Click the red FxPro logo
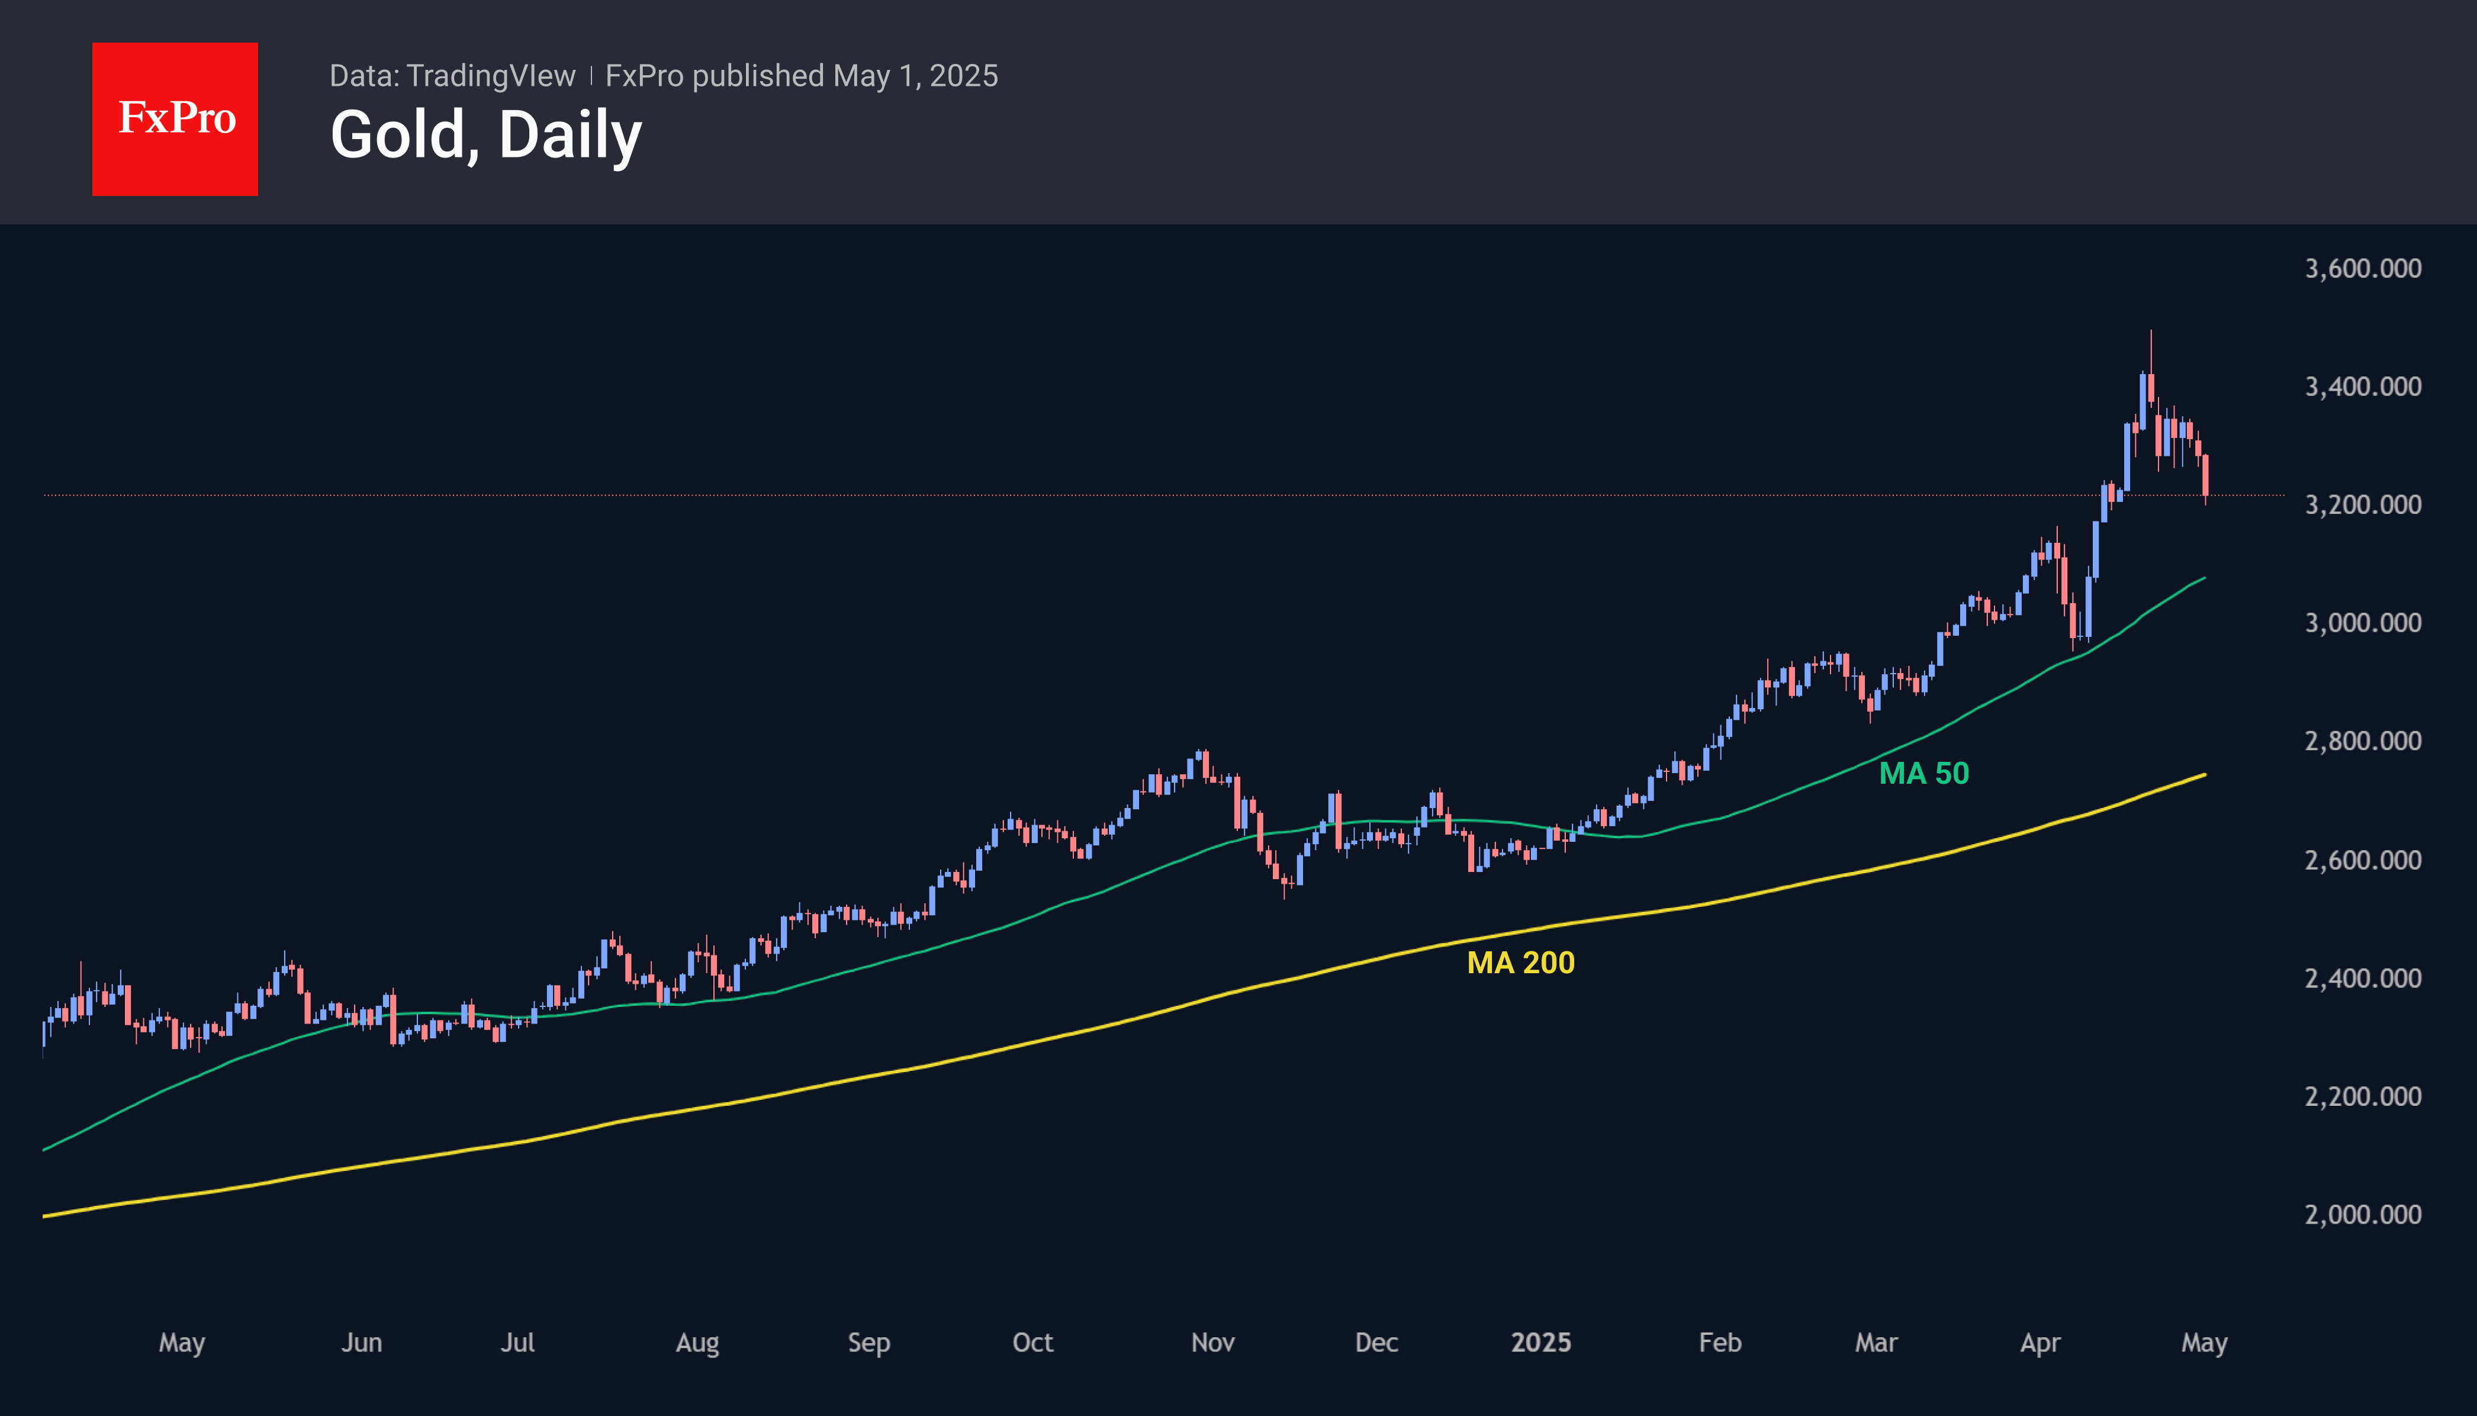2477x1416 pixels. [x=175, y=118]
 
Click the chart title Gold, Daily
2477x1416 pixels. [x=485, y=134]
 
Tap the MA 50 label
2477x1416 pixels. [x=1923, y=773]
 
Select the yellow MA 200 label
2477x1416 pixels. [x=1520, y=963]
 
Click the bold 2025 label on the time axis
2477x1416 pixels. [x=1540, y=1343]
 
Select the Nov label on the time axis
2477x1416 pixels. [x=1212, y=1343]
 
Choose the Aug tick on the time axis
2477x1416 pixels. [x=697, y=1343]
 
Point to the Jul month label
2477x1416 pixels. [x=517, y=1343]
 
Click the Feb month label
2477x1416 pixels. [x=1719, y=1343]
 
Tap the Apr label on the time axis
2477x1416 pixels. [x=2039, y=1343]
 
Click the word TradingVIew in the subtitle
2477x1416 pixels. [x=491, y=76]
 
